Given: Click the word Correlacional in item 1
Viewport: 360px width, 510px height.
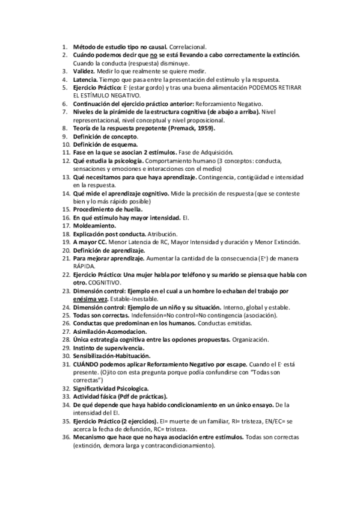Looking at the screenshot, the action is (x=188, y=46).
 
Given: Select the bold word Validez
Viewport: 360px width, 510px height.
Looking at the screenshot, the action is (x=85, y=71).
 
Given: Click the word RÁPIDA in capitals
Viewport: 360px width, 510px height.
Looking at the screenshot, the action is (x=85, y=266).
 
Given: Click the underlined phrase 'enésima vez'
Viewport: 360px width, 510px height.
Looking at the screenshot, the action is (x=91, y=299).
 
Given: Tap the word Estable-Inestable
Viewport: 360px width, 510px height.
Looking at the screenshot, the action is (x=135, y=299).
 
